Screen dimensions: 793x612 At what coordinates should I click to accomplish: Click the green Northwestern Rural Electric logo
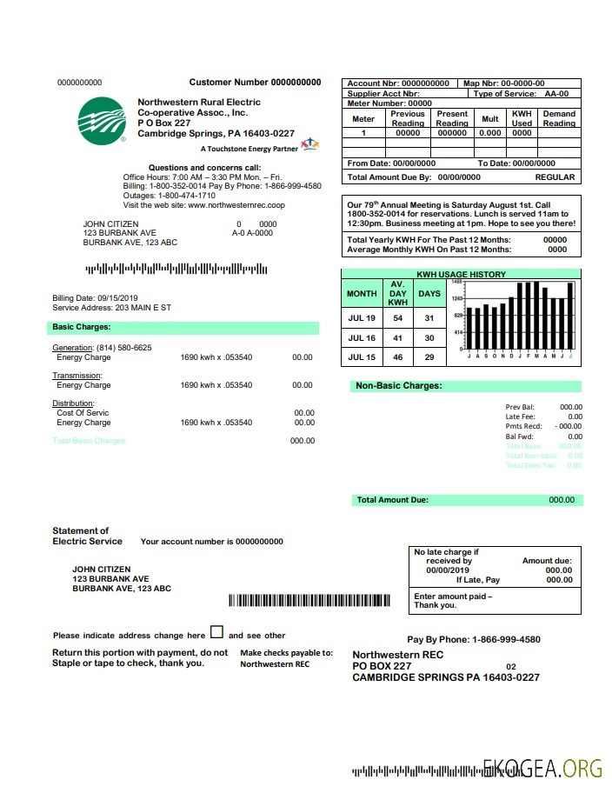point(102,119)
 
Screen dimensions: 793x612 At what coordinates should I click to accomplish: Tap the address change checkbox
point(216,633)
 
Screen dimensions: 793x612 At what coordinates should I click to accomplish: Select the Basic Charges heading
point(81,328)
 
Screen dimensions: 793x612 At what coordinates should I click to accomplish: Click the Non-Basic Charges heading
point(398,385)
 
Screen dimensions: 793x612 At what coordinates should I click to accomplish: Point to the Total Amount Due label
point(393,500)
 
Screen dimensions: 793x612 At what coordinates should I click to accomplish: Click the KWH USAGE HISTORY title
point(461,275)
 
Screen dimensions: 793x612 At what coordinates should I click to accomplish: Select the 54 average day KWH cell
point(397,318)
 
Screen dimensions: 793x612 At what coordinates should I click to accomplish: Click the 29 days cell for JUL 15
point(429,357)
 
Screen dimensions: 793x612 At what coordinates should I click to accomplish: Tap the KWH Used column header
point(522,118)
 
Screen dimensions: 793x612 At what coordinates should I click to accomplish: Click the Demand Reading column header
point(559,118)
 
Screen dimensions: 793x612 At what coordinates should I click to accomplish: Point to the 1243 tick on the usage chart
point(457,298)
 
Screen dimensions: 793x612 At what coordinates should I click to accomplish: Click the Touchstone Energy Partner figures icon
point(309,143)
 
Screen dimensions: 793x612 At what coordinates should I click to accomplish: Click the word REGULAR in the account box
point(555,177)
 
